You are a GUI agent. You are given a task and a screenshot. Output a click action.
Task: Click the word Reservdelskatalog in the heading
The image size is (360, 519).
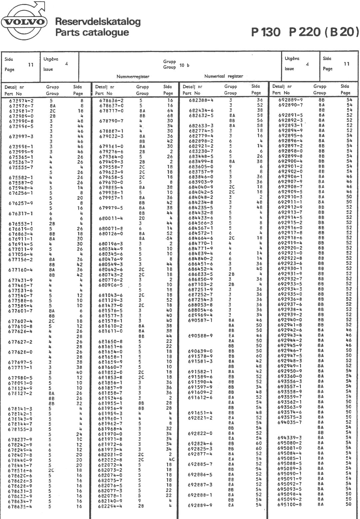98,22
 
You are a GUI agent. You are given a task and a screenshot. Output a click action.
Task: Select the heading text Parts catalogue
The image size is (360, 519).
92,32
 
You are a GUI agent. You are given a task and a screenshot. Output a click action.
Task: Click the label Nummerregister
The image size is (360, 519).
133,76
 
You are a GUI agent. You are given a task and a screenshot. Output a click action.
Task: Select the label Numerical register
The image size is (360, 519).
223,76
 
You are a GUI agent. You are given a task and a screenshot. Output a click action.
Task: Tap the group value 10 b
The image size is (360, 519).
184,65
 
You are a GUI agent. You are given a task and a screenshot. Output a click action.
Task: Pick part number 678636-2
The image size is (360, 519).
112,100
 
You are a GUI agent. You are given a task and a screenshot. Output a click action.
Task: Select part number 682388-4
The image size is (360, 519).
201,100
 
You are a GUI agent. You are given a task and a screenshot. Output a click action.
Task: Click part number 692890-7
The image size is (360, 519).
290,105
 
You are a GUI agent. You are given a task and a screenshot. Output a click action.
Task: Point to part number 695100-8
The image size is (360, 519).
290,504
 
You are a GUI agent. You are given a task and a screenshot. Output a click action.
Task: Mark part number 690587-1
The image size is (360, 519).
200,320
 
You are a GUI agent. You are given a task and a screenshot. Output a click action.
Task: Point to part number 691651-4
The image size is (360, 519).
200,413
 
